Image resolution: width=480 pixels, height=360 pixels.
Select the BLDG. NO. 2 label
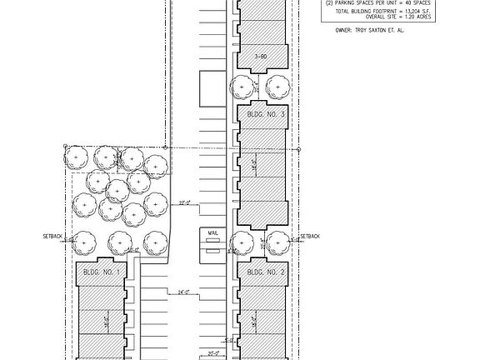[266, 272]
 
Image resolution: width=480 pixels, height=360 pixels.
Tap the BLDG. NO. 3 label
[266, 114]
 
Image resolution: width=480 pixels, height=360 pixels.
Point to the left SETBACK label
[52, 236]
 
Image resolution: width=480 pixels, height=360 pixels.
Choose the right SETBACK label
[310, 236]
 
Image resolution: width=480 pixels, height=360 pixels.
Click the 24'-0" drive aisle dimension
[185, 292]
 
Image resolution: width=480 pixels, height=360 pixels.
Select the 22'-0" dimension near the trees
[185, 202]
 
